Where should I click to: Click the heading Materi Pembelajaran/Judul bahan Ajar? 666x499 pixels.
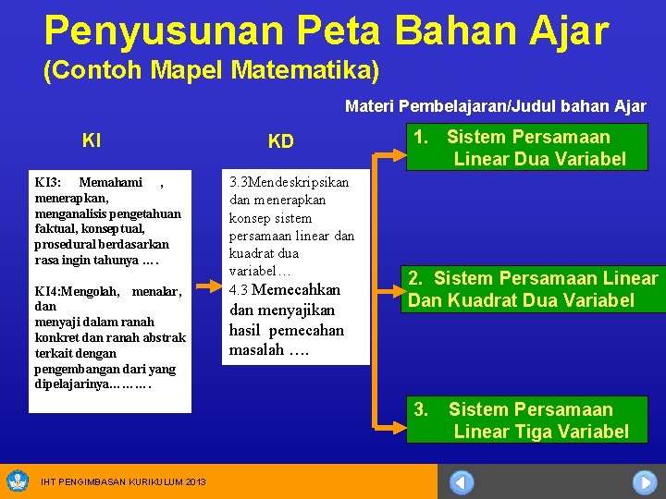pos(495,106)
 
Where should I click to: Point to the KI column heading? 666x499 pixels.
pos(92,141)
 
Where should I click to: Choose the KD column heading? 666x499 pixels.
pos(280,141)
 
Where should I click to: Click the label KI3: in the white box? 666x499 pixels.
pos(48,182)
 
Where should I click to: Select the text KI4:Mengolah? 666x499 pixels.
pos(77,291)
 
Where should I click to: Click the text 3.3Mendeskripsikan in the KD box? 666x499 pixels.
pos(289,181)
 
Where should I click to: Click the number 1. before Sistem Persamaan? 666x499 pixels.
pos(421,137)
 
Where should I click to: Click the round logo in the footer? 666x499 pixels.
pos(18,481)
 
